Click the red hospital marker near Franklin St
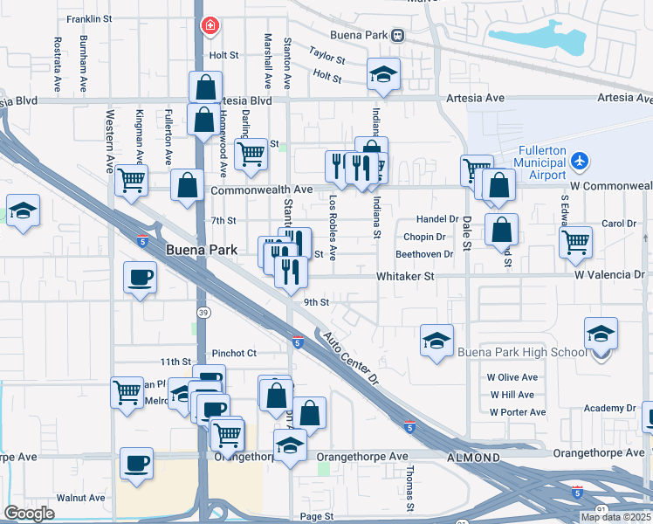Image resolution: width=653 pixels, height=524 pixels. coord(210,25)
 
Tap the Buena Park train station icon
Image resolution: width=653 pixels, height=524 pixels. coord(397,36)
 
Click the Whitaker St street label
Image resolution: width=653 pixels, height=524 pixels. coord(405,275)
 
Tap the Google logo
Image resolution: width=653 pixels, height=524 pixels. coord(29,514)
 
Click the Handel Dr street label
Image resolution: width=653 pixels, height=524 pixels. coord(436,219)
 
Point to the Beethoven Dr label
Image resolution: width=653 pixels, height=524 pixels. coord(424,254)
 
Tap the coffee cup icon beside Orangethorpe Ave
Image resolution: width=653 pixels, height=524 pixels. coord(136,463)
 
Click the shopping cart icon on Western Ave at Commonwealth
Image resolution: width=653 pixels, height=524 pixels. coord(131,181)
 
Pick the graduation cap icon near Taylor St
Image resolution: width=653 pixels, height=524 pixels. coord(382,75)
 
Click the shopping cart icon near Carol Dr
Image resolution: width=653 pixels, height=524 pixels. coord(575,242)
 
